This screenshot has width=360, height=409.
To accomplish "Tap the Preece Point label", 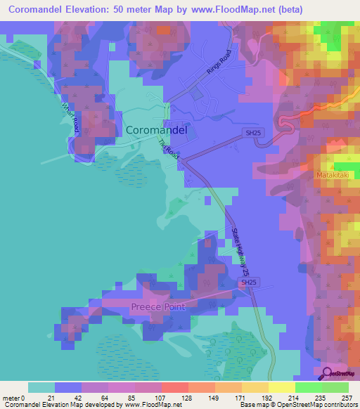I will coord(157,307).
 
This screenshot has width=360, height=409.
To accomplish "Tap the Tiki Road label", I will coord(169,152).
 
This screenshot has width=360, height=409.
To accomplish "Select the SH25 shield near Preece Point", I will coord(247,283).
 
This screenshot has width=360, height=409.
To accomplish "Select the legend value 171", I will coord(228,397).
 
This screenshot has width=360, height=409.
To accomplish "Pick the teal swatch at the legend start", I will coord(41,387).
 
